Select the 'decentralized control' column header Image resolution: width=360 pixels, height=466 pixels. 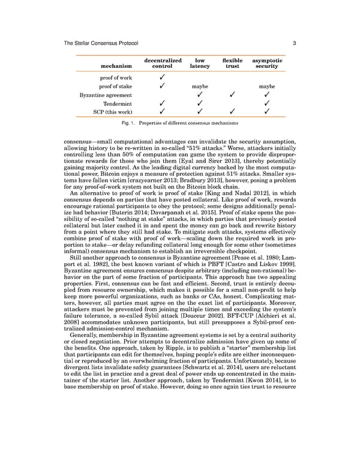pyautogui.click(x=163, y=63)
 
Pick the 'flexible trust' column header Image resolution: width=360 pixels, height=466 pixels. pyautogui.click(x=232, y=63)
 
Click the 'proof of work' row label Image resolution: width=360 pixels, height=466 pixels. pyautogui.click(x=116, y=77)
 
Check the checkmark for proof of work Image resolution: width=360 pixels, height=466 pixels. pyautogui.click(x=163, y=77)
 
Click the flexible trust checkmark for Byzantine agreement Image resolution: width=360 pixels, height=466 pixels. pyautogui.click(x=232, y=95)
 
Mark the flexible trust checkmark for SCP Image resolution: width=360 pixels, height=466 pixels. pyautogui.click(x=232, y=112)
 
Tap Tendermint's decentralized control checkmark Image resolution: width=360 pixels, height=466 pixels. pyautogui.click(x=163, y=103)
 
